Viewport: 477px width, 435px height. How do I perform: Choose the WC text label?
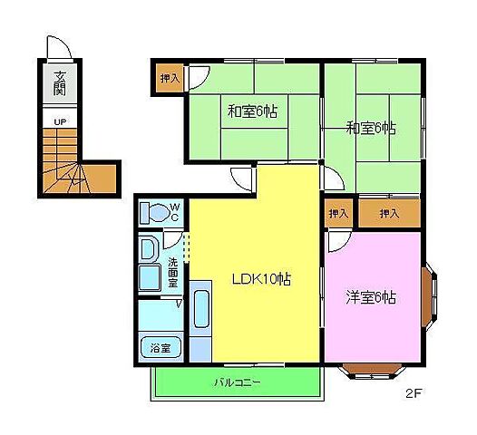(x=177, y=213)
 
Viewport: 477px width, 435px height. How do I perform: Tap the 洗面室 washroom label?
(x=172, y=272)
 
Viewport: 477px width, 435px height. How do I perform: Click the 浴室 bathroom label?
(x=161, y=347)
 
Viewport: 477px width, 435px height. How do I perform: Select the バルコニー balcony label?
(x=238, y=382)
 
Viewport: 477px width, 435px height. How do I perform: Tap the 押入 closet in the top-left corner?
(x=170, y=78)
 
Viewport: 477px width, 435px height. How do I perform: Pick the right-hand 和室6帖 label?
(x=371, y=128)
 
